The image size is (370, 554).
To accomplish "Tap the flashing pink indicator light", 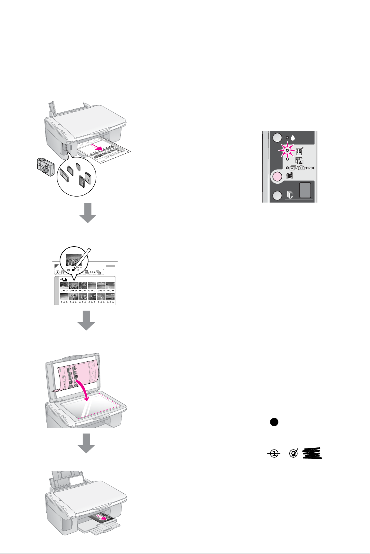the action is [x=287, y=150].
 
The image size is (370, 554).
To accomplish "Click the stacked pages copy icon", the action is [x=290, y=194].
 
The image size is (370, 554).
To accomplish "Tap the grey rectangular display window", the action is [x=306, y=190].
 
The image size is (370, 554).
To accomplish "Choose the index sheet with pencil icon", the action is [x=300, y=151].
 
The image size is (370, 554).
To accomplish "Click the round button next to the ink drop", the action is [x=277, y=138].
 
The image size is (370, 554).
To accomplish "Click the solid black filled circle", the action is [x=274, y=422].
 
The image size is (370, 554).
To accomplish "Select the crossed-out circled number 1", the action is [x=274, y=454].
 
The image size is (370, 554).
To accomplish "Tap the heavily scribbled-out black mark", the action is [x=312, y=454].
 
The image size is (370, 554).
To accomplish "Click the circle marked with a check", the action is [x=294, y=453].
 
